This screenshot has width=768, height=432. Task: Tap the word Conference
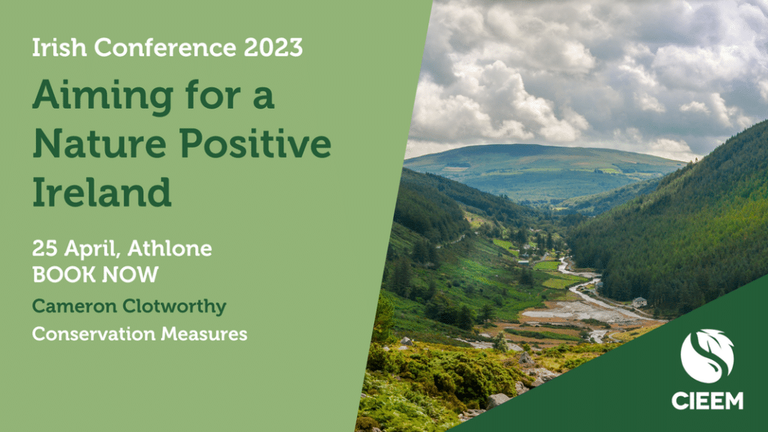pyautogui.click(x=165, y=47)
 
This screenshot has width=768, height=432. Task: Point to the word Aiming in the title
pyautogui.click(x=103, y=97)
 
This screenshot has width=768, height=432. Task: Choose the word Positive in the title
pyautogui.click(x=255, y=143)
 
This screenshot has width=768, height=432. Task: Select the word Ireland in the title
pyautogui.click(x=102, y=191)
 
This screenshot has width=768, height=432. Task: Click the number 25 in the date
pyautogui.click(x=44, y=249)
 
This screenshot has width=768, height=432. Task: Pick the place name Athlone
pyautogui.click(x=169, y=248)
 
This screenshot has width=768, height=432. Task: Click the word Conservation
pyautogui.click(x=93, y=334)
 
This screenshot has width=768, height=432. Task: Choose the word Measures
pyautogui.click(x=204, y=334)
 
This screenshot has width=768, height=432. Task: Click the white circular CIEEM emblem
pyautogui.click(x=707, y=356)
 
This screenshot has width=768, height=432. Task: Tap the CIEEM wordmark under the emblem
pyautogui.click(x=707, y=400)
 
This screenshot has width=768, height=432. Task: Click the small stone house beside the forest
pyautogui.click(x=639, y=301)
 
